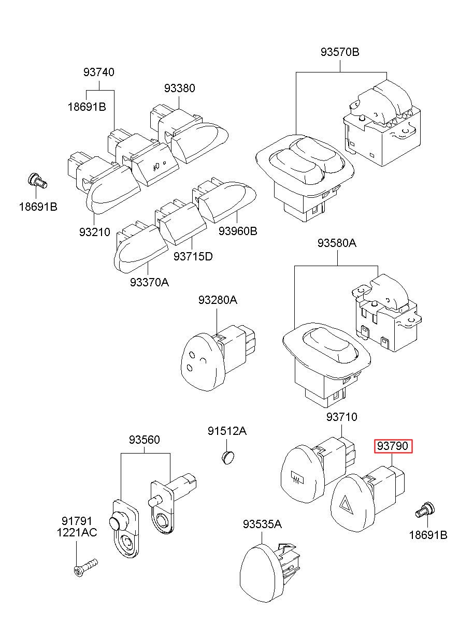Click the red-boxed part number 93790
pyautogui.click(x=394, y=446)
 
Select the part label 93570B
pyautogui.click(x=340, y=52)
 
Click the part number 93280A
pyautogui.click(x=218, y=300)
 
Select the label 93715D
pyautogui.click(x=193, y=256)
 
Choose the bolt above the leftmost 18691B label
pyautogui.click(x=38, y=181)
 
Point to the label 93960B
pyautogui.click(x=238, y=231)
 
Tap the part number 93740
pyautogui.click(x=99, y=72)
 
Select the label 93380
pyautogui.click(x=180, y=88)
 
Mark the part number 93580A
pyautogui.click(x=337, y=243)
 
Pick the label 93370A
pyautogui.click(x=149, y=282)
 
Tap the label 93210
pyautogui.click(x=95, y=232)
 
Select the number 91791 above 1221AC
pyautogui.click(x=77, y=521)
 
